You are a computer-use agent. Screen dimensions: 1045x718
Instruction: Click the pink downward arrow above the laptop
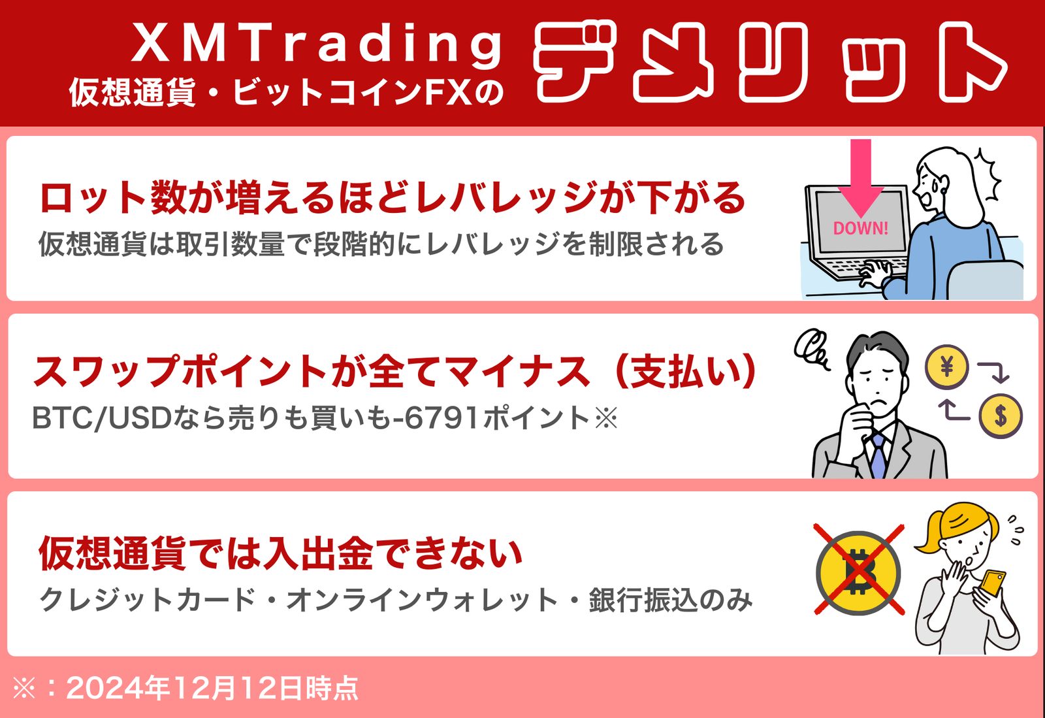(x=861, y=177)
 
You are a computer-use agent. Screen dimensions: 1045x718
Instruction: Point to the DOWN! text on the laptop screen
(x=861, y=228)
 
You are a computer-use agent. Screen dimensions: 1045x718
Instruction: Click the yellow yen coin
(x=946, y=367)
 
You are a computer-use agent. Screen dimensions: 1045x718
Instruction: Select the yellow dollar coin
(x=1000, y=416)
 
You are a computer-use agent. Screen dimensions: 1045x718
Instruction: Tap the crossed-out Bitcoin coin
(x=859, y=573)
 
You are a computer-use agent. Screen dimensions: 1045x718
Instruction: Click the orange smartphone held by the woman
(x=993, y=583)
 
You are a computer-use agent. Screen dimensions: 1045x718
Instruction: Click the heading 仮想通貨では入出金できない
(x=280, y=553)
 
